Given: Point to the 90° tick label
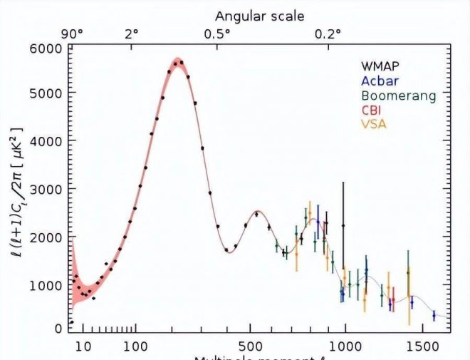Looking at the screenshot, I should point(72,33).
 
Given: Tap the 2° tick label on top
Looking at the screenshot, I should point(132,33).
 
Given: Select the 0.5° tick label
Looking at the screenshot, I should point(218,33).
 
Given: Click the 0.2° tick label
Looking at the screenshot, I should point(329,33).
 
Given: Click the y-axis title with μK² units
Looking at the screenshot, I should point(16,189).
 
